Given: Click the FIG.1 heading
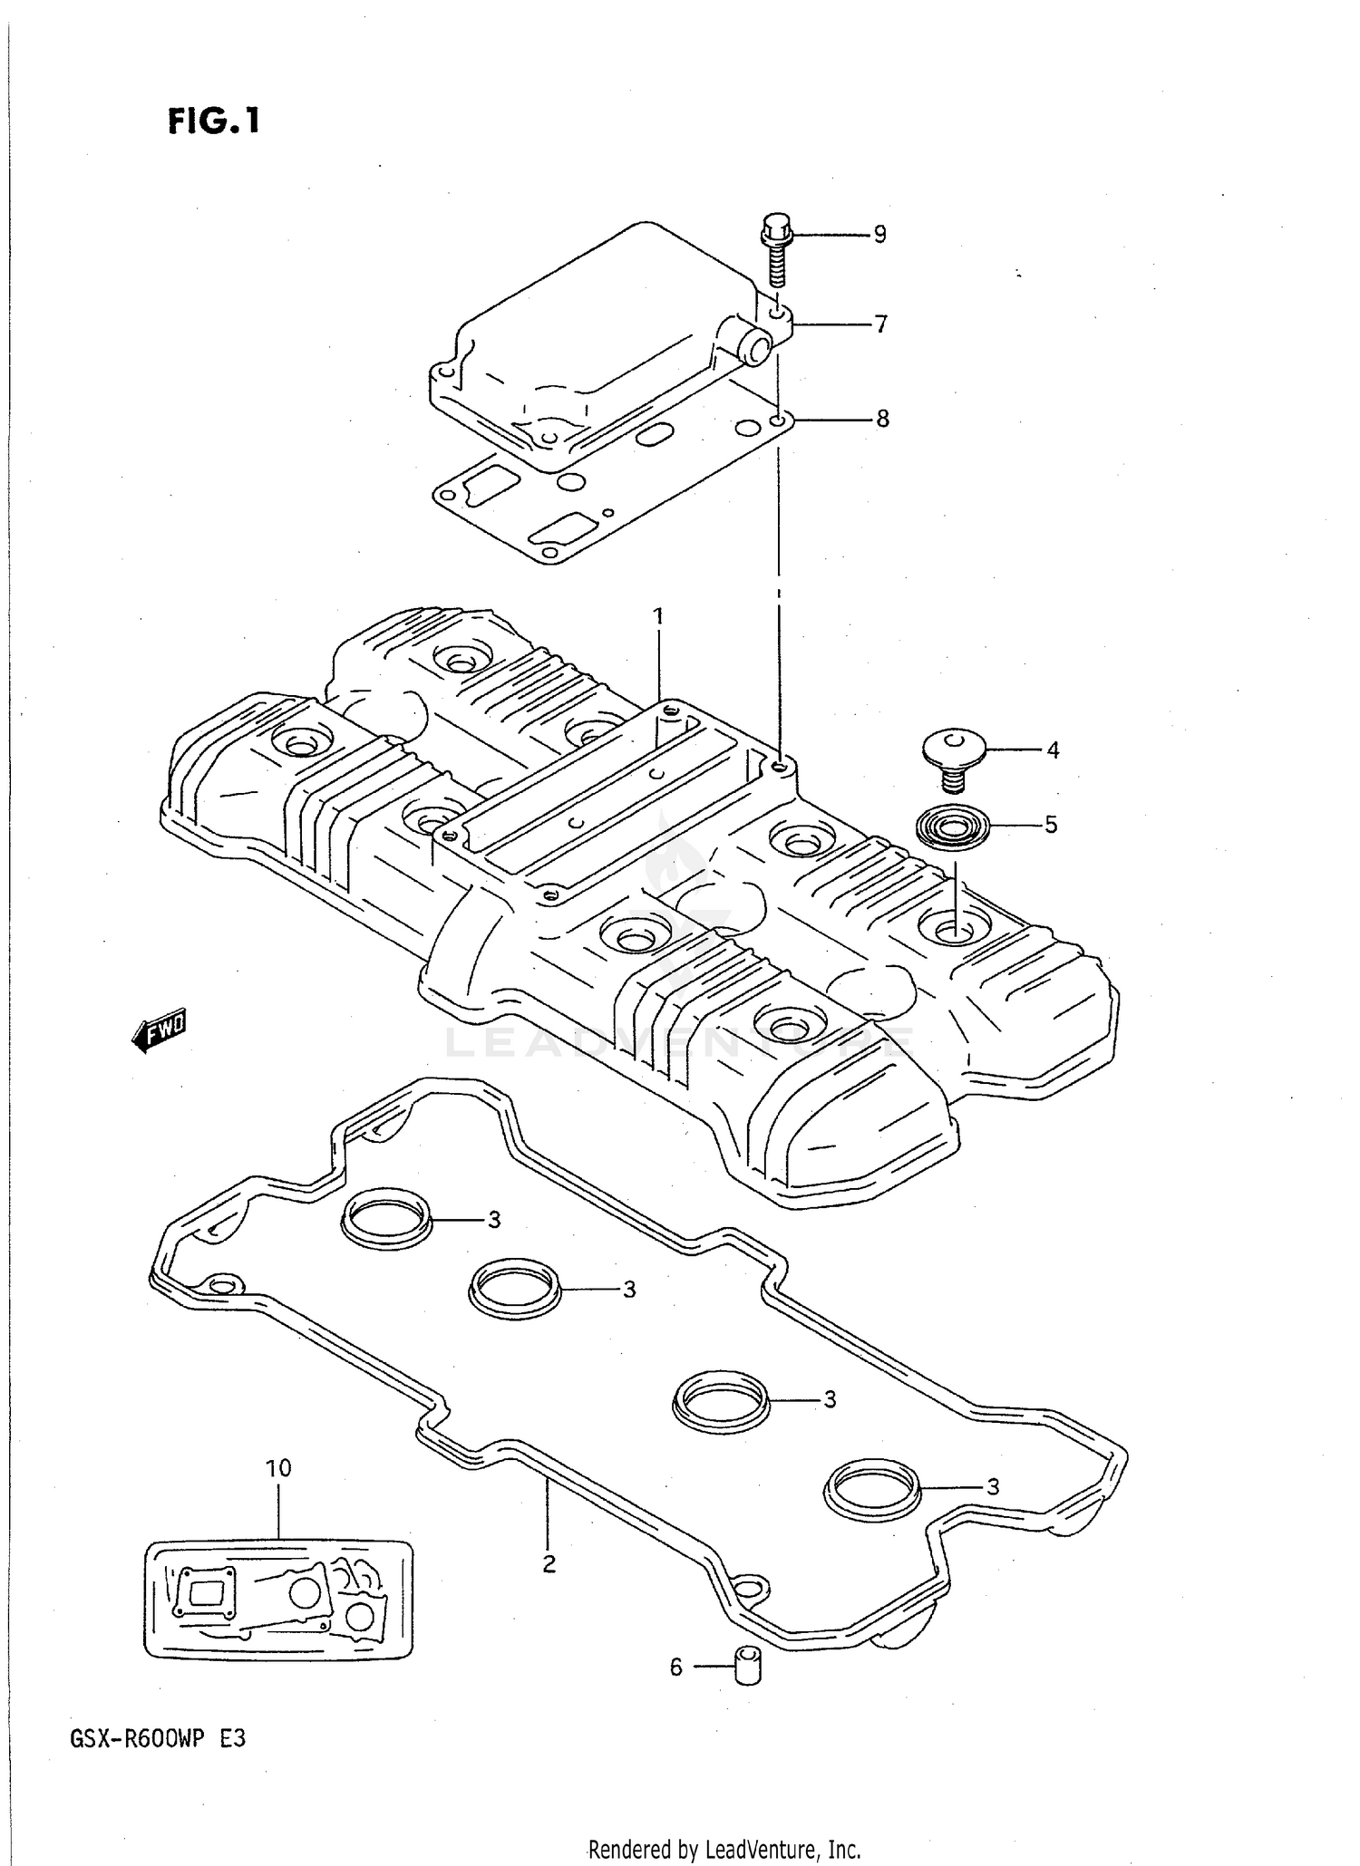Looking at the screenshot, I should pos(214,121).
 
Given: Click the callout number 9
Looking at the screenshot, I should pos(879,235).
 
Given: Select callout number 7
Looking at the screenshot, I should pos(879,324).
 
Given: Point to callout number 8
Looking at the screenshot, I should pos(881,419).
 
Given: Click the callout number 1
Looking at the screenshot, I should pos(658,616).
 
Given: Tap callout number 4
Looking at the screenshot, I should pos(1052,750).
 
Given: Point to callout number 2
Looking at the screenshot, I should pos(549,1563).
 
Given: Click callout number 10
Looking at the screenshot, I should pos(278,1468).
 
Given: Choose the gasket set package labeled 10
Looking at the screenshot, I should pos(278,1600).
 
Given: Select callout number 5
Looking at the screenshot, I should pos(1051,825).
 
